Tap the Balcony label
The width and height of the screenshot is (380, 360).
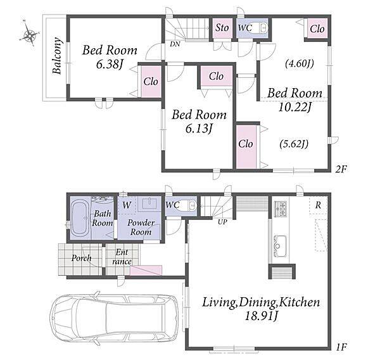tap(57, 56)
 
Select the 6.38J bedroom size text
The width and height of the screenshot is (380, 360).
tap(109, 65)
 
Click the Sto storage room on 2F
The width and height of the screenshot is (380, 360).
tap(222, 28)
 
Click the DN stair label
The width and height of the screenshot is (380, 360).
tap(175, 44)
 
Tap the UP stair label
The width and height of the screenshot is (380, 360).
tap(222, 222)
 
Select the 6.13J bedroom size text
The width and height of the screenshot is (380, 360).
tap(199, 129)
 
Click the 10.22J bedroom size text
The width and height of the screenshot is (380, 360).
tap(294, 107)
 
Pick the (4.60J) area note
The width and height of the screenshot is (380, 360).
tap(300, 64)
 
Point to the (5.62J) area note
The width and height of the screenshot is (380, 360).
tap(294, 145)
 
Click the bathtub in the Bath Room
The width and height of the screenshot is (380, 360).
tap(80, 218)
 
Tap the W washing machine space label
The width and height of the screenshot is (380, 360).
tap(127, 205)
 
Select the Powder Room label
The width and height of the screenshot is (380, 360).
tap(141, 228)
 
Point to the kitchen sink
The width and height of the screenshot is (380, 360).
tap(280, 245)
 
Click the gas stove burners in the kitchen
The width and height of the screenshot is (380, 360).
tap(281, 209)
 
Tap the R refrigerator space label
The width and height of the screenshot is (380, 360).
tap(318, 205)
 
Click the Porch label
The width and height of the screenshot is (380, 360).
tap(82, 259)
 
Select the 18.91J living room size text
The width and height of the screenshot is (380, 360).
tap(261, 316)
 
